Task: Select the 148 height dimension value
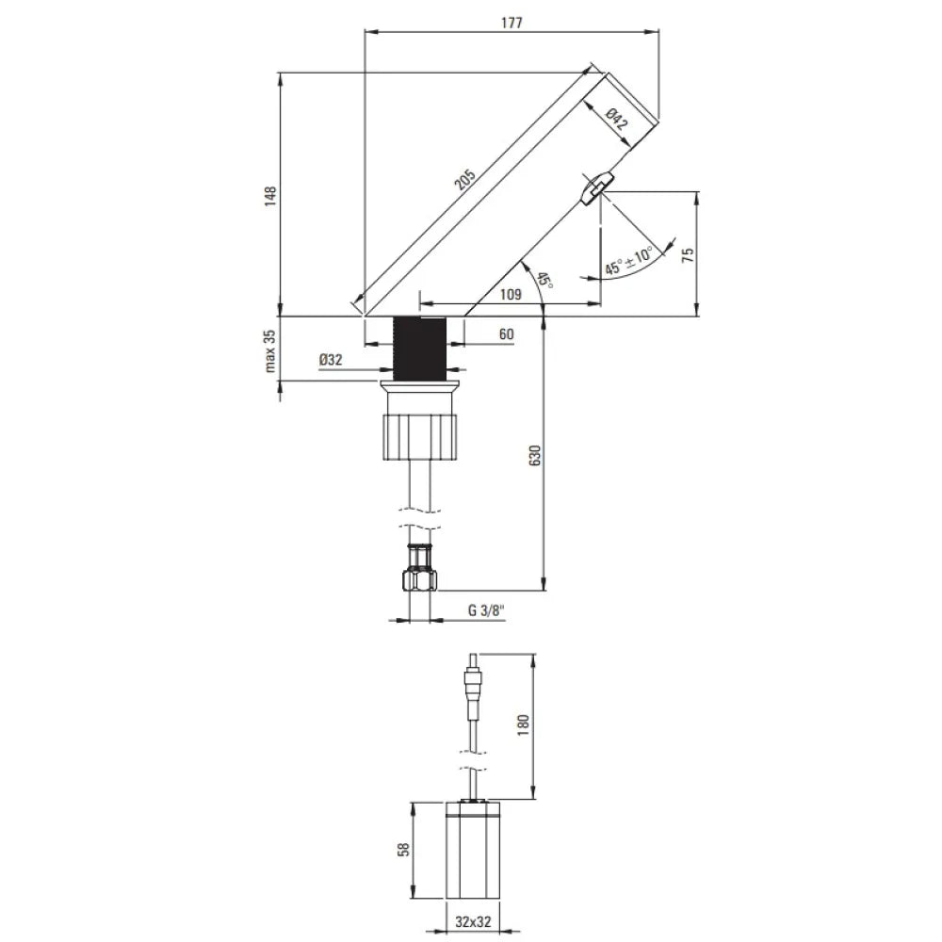(270, 195)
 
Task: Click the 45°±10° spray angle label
(629, 260)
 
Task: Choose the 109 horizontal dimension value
(511, 294)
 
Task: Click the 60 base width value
(506, 334)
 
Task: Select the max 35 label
(270, 351)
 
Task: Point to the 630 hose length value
(534, 455)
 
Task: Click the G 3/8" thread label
(487, 609)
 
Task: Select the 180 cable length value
(524, 723)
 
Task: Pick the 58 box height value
(404, 849)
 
